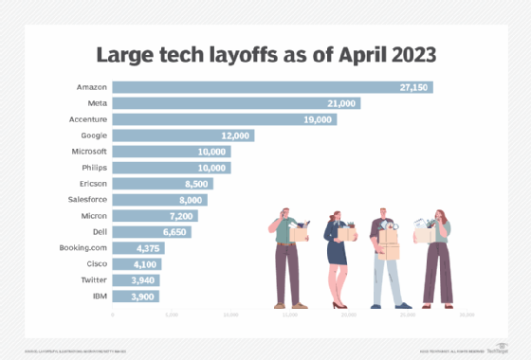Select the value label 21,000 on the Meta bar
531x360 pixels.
pos(342,103)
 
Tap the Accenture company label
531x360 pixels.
pos(86,119)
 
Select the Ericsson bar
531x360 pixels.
pos(161,184)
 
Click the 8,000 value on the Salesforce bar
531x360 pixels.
pos(190,200)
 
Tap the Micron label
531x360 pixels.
pos(92,216)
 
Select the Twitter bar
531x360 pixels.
pos(135,280)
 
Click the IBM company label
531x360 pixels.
pos(98,297)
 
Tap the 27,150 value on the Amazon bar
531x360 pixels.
pos(414,87)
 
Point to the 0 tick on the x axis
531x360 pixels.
pos(113,314)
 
